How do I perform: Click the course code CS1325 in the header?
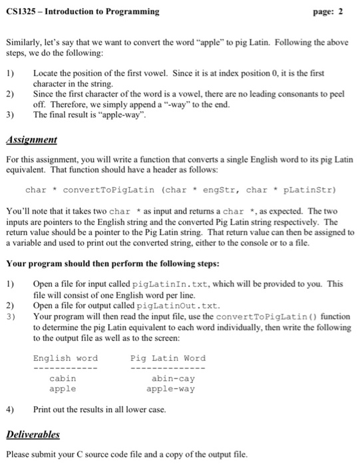tap(21, 11)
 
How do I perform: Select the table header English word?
tap(65, 358)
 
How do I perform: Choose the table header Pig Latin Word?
tap(168, 358)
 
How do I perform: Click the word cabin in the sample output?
tap(63, 379)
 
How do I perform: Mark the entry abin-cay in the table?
tap(173, 379)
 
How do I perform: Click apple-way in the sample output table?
tap(170, 389)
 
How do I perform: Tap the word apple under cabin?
tap(63, 389)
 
